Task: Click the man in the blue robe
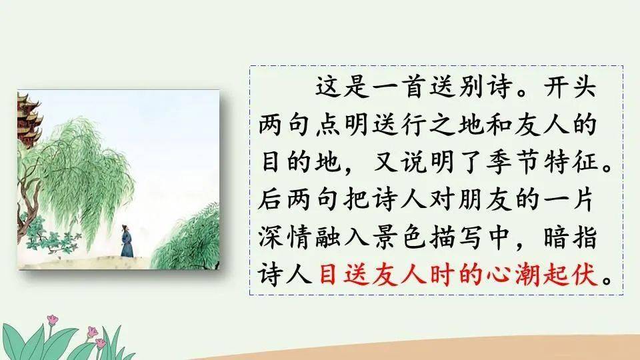pos(127,241)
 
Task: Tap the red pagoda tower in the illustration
pos(28,119)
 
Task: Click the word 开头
pos(570,87)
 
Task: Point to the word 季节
pos(512,162)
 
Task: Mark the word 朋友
pos(485,199)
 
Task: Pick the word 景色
pos(399,237)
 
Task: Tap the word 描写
pos(456,237)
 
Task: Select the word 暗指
pos(570,237)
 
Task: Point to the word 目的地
pos(301,162)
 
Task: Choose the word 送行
pos(399,125)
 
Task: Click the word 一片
pos(570,199)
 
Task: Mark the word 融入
pos(341,237)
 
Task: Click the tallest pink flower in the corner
pos(52,320)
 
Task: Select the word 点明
pos(341,125)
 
